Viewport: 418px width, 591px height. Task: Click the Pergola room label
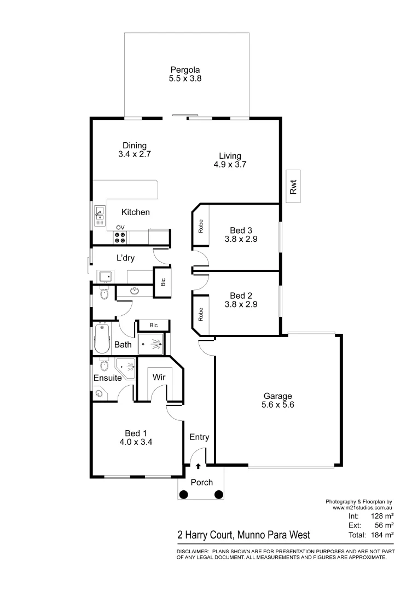[x=184, y=70]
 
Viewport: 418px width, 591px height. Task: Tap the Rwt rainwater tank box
[x=293, y=188]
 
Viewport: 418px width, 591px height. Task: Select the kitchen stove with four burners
[x=120, y=237]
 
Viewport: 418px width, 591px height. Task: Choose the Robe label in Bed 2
[x=201, y=314]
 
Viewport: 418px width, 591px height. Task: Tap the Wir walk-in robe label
[x=159, y=377]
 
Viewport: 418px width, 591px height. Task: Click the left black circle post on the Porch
[x=184, y=495]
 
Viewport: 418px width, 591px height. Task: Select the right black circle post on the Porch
[x=219, y=495]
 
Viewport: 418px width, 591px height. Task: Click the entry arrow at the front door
[x=198, y=466]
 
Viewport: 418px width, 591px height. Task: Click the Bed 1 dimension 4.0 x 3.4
[x=135, y=443]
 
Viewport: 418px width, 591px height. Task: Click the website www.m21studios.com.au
[x=363, y=508]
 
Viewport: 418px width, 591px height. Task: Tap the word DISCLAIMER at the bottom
[x=192, y=552]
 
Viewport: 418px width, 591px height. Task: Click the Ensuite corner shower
[x=125, y=367]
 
